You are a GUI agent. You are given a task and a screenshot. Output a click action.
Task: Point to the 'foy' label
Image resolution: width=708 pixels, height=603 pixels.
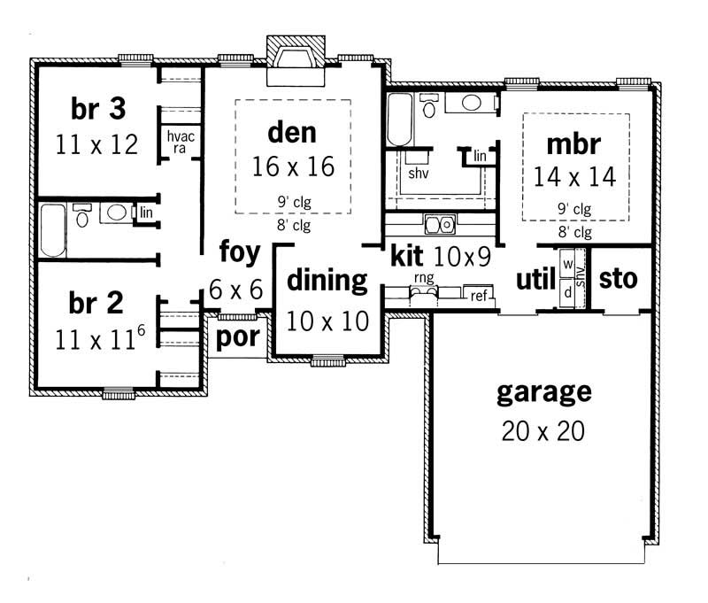click(x=240, y=253)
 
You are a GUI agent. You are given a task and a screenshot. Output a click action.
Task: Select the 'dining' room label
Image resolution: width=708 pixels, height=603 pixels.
click(x=327, y=282)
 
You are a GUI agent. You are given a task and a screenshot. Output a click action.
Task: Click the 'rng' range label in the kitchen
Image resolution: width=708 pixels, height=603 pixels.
click(x=424, y=278)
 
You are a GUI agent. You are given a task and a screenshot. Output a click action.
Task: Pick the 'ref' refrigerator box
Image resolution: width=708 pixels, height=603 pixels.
click(x=479, y=295)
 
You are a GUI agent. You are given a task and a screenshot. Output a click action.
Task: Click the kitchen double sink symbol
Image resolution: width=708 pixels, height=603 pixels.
click(x=439, y=223)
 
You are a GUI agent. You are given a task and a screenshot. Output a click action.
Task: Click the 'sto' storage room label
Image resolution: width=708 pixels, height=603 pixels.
click(x=618, y=280)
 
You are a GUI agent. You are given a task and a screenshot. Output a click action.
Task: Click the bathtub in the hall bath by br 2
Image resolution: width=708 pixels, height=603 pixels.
click(x=53, y=230)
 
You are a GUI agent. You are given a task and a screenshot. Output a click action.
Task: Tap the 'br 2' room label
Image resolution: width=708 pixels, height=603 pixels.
click(x=95, y=304)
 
